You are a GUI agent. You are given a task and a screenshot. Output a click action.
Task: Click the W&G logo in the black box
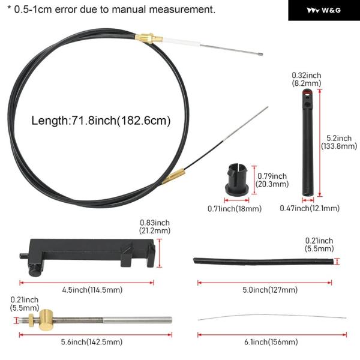coord(324,10)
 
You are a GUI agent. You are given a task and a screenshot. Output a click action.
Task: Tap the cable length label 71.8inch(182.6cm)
coord(121,121)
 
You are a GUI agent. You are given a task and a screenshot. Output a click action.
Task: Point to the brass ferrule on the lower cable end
coord(173,176)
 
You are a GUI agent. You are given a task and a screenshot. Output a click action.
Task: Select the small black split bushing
coord(237,178)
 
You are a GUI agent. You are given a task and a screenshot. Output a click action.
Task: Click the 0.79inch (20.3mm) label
coord(272,180)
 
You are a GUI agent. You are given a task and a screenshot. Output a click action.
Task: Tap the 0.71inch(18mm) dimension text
coord(235,208)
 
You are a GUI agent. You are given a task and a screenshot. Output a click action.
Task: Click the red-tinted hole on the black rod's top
coord(307,92)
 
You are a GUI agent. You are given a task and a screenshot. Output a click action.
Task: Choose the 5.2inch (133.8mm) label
coord(339,142)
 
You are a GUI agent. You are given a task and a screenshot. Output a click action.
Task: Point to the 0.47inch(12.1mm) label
coord(310,208)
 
